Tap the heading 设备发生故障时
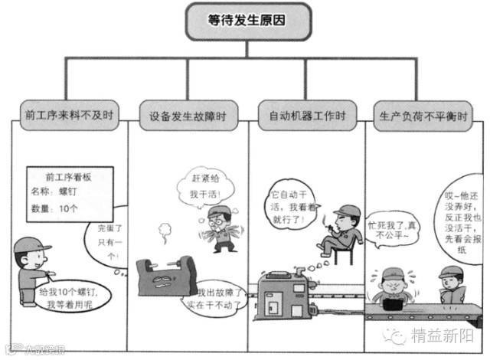tap(188, 116)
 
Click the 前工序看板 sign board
tap(69, 188)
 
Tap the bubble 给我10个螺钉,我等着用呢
tap(73, 297)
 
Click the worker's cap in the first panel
tap(34, 247)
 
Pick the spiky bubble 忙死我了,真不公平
tap(393, 231)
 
